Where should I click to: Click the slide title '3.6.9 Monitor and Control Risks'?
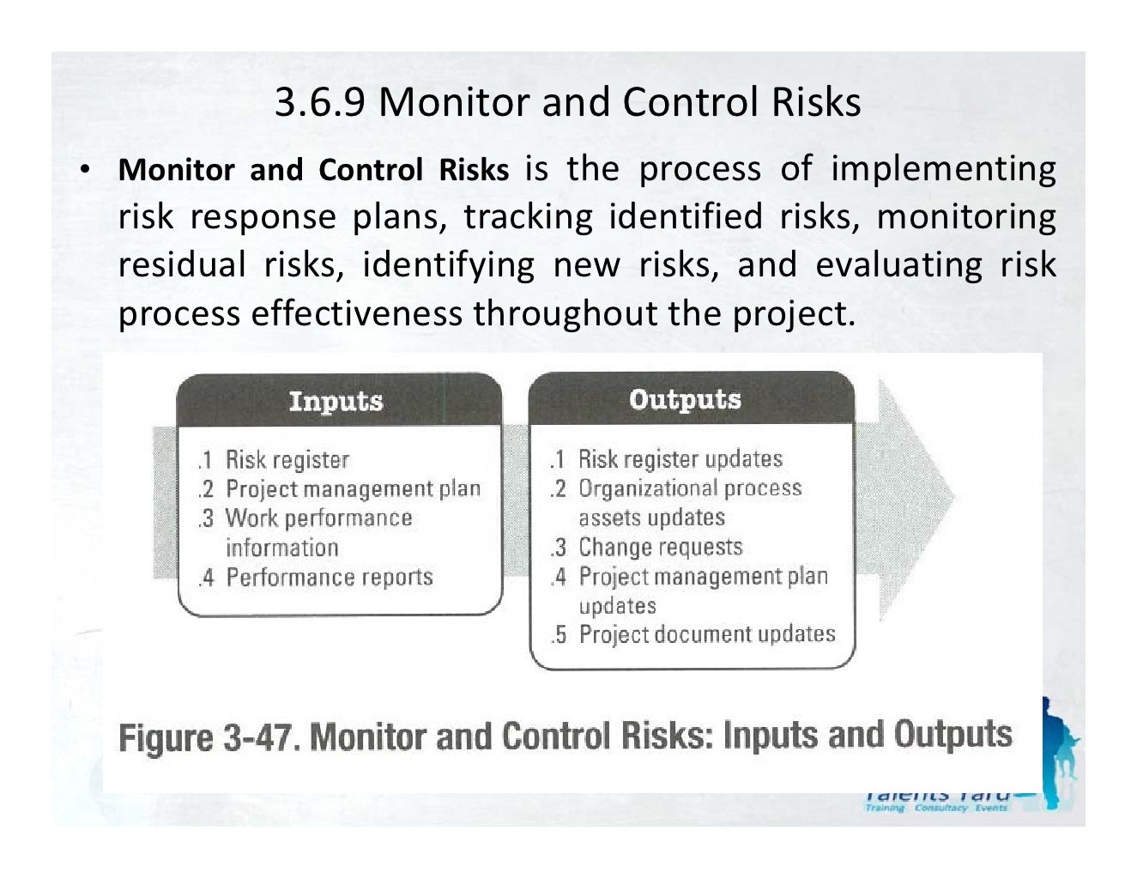[x=567, y=102]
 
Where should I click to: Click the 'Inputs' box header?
[x=336, y=401]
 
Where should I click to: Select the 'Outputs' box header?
[x=685, y=399]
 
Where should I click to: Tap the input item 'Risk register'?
[x=287, y=460]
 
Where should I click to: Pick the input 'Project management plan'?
[x=353, y=489]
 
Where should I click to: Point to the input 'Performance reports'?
[x=330, y=577]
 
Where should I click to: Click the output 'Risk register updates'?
[x=680, y=459]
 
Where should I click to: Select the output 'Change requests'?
[x=660, y=547]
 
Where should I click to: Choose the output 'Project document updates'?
[x=707, y=634]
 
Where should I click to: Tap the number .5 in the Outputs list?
[x=559, y=635]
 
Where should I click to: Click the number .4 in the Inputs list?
[x=206, y=578]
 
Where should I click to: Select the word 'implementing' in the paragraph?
[x=943, y=170]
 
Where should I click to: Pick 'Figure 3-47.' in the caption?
[x=209, y=737]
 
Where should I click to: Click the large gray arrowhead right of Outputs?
[x=914, y=498]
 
